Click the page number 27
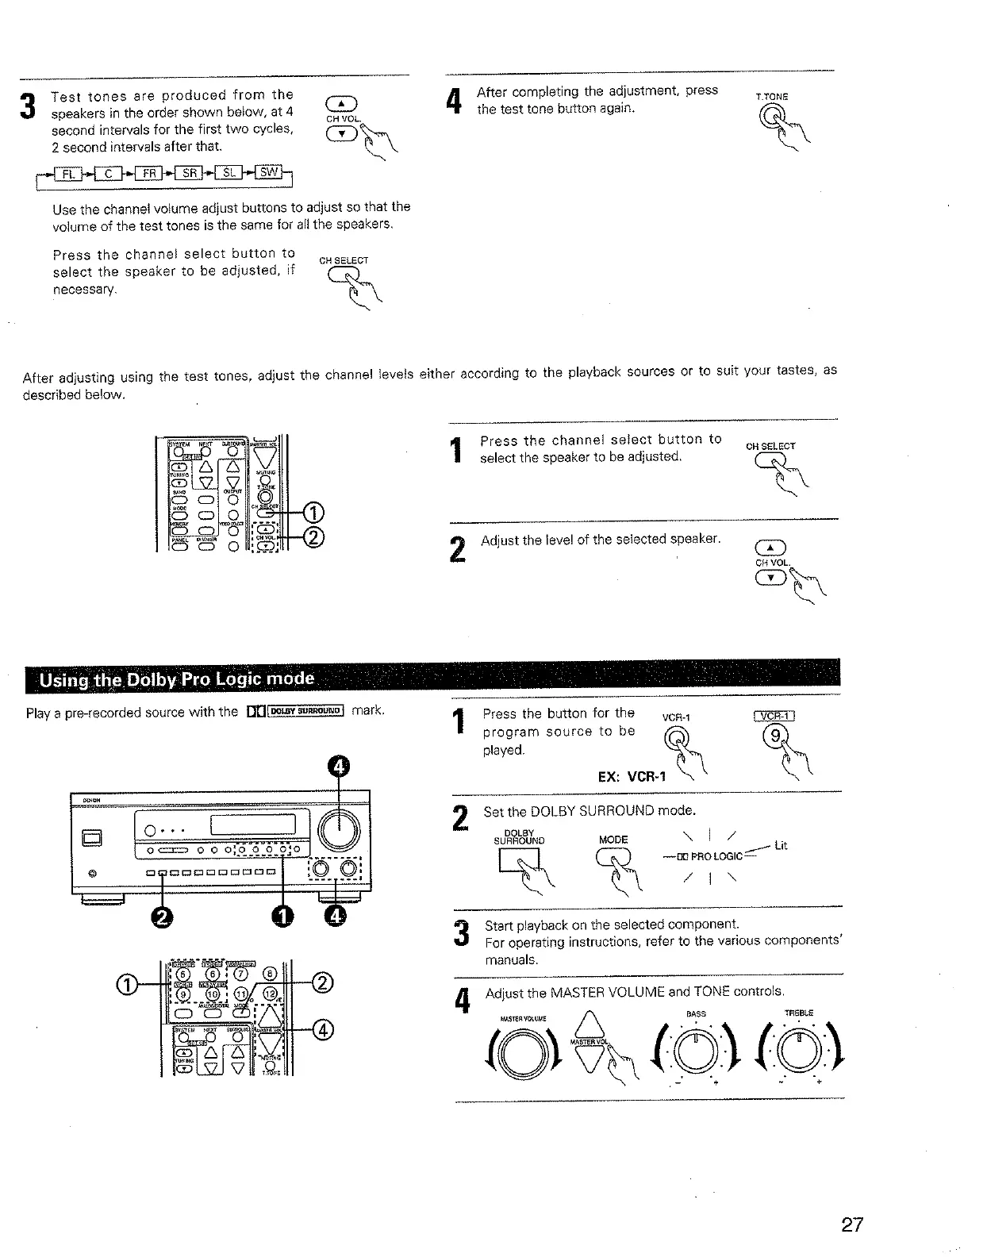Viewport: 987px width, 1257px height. click(x=851, y=1224)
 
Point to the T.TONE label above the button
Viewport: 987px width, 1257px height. click(x=771, y=97)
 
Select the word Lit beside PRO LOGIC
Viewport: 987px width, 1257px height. click(x=781, y=846)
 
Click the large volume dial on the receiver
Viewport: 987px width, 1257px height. click(x=339, y=831)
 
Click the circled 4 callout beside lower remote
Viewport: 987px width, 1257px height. click(x=323, y=1031)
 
